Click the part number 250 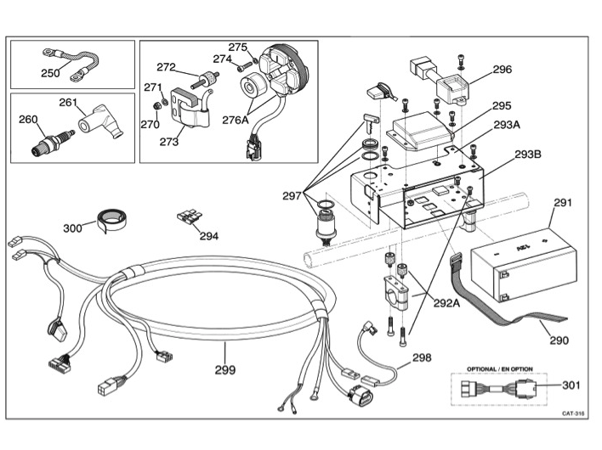50,73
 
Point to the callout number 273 168,142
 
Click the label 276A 236,120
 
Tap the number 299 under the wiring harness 224,370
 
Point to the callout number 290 558,340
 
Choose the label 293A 507,125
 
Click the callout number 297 292,196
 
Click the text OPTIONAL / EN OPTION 499,369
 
